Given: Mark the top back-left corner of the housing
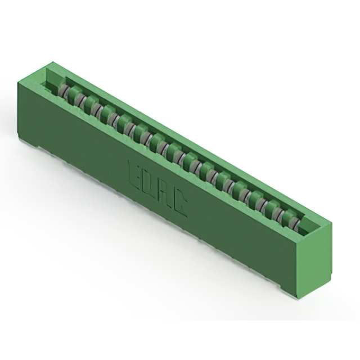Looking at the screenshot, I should [x=52, y=62].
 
